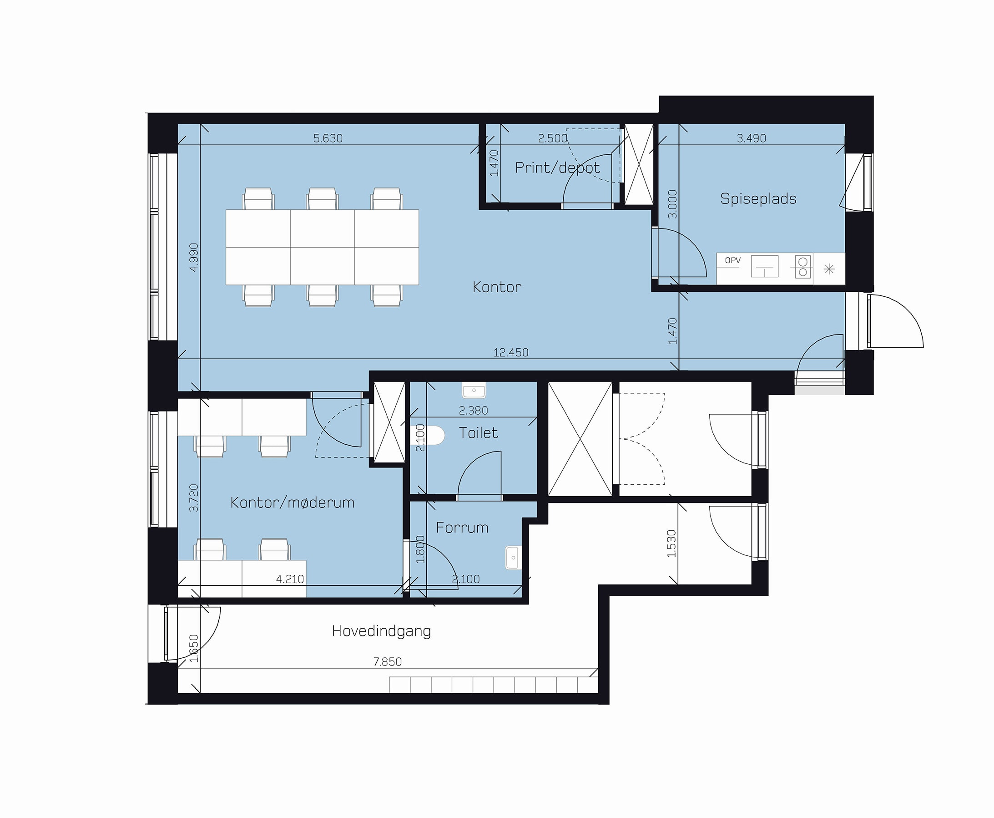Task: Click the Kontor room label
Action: pos(497,287)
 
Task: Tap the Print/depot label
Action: pos(558,168)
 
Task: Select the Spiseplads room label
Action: pos(758,199)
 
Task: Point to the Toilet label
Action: pos(478,432)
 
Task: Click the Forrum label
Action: pos(462,527)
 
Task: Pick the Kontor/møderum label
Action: pos(292,503)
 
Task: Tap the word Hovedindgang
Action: pos(381,631)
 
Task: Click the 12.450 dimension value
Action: pos(511,352)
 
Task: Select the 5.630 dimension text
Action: pos(328,138)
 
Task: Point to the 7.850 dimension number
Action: pos(388,662)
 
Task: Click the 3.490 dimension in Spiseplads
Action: pos(752,138)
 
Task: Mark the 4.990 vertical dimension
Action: pos(193,257)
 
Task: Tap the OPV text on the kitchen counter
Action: pos(733,260)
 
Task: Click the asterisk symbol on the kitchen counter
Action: pos(829,269)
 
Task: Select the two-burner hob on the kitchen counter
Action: pos(803,267)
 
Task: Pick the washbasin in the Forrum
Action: pos(513,558)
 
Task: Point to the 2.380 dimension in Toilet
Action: pos(473,411)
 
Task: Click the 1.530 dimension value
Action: pos(671,544)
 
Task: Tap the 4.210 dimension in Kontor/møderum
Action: pos(290,579)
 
